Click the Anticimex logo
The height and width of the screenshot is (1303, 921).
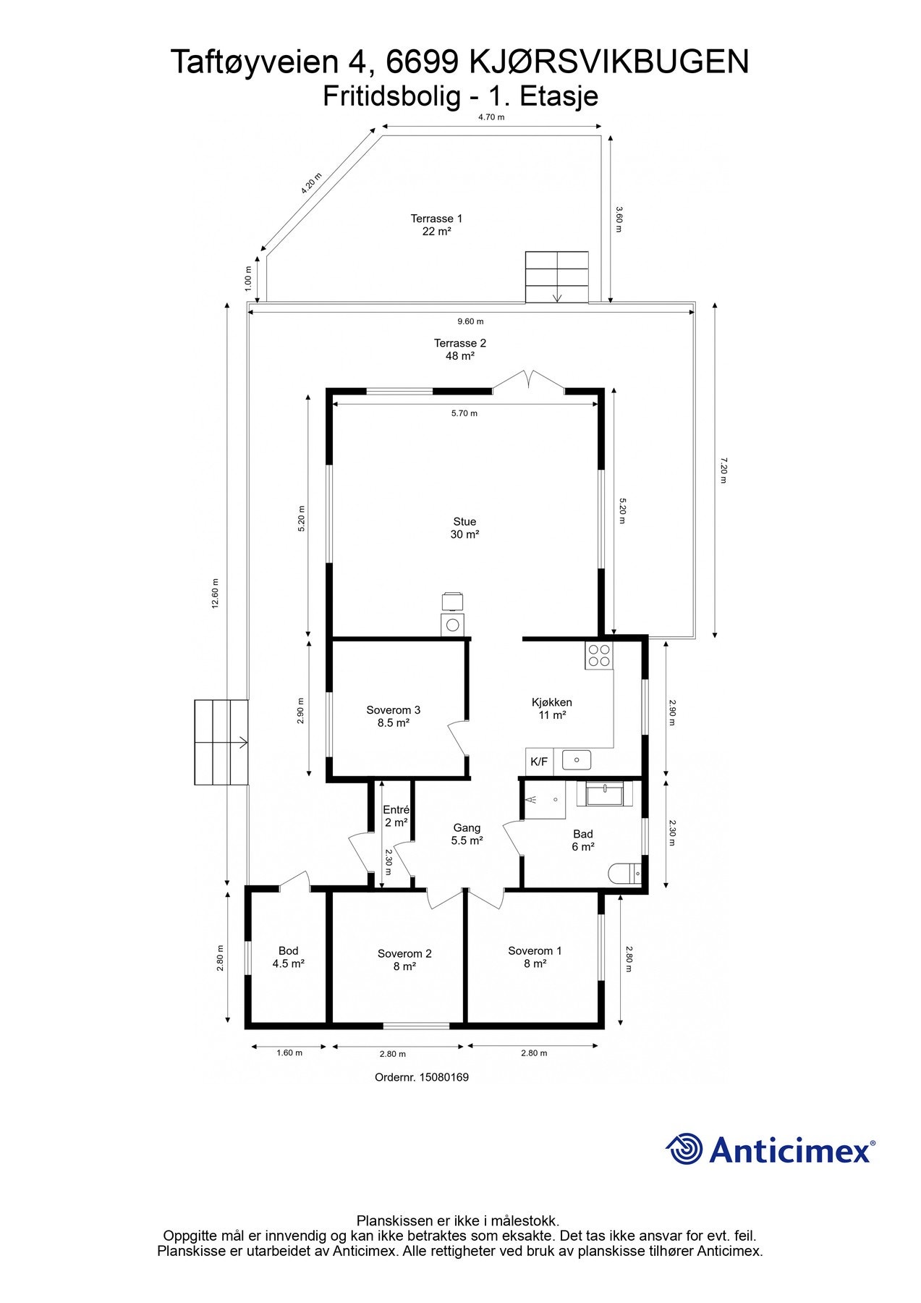[771, 1150]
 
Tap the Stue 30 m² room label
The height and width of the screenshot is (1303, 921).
[464, 528]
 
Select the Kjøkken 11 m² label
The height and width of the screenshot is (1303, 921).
[551, 709]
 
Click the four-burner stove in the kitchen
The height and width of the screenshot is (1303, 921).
[599, 655]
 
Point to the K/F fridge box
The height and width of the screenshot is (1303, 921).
[539, 761]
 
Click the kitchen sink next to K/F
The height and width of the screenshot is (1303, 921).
[577, 760]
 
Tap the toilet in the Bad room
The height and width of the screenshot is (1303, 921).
[624, 874]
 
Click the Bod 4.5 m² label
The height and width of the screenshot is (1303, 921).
[288, 957]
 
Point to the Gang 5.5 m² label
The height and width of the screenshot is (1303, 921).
[467, 834]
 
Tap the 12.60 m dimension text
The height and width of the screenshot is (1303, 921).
[215, 594]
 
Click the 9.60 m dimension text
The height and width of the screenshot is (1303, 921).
[470, 321]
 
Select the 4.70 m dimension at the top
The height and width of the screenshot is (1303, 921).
[491, 117]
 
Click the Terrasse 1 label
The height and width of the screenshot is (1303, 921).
[436, 219]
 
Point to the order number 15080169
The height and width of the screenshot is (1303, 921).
[422, 1077]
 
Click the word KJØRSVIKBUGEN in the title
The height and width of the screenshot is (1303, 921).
[610, 62]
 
